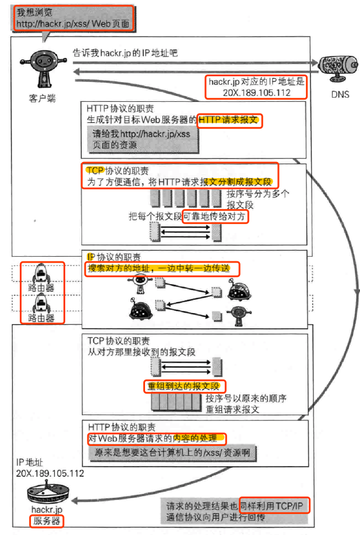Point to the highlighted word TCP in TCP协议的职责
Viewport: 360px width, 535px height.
94,171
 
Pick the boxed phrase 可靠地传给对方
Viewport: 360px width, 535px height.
215,217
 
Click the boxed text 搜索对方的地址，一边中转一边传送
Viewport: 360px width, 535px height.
163,269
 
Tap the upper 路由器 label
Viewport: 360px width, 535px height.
41,288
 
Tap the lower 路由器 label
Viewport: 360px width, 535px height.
41,318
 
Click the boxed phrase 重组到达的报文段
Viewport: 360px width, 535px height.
184,386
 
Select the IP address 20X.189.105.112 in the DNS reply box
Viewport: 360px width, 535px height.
256,92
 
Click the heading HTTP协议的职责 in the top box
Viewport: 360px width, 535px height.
121,109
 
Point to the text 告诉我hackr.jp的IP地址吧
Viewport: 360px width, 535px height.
125,52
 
